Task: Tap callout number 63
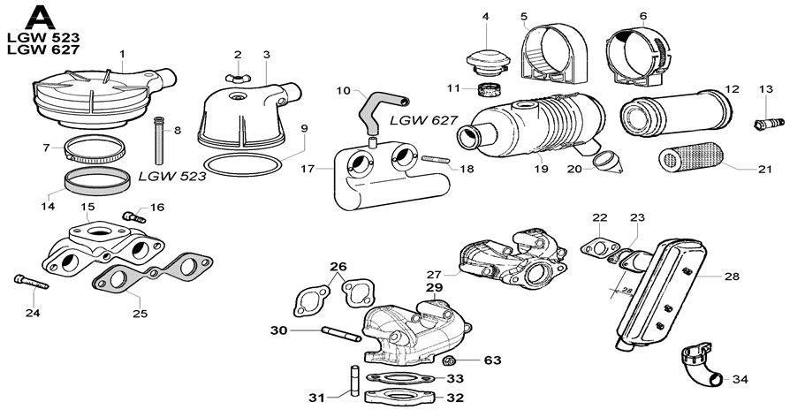click(x=491, y=360)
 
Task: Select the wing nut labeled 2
click(x=236, y=79)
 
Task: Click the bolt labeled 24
click(x=30, y=282)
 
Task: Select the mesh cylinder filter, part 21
click(x=691, y=159)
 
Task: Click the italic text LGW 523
click(x=171, y=176)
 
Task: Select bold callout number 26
click(x=338, y=267)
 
